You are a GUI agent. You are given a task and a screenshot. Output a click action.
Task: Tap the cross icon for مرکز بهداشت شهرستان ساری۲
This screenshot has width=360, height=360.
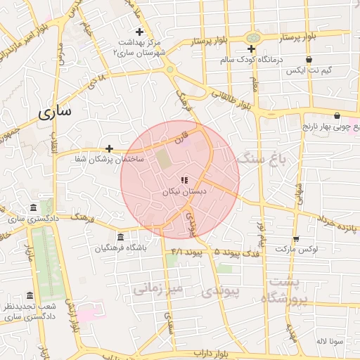tap(139, 32)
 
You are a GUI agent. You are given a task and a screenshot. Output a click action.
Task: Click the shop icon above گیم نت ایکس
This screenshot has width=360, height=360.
tap(309, 60)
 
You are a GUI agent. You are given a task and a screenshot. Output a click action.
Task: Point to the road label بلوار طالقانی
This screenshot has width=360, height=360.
tap(233, 98)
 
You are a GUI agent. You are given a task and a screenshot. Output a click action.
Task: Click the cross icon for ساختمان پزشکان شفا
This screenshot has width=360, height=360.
tap(109, 148)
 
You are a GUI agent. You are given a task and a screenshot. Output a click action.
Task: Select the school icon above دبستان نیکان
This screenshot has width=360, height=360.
tap(184, 180)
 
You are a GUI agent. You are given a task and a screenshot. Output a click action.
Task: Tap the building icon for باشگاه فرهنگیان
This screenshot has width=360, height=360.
tap(120, 237)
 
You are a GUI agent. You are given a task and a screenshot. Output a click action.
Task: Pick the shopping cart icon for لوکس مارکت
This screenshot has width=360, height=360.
tap(296, 239)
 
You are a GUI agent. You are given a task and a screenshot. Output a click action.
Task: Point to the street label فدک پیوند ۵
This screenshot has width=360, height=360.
tap(238, 251)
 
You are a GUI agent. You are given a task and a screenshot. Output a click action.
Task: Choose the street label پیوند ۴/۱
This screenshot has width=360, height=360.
tap(186, 251)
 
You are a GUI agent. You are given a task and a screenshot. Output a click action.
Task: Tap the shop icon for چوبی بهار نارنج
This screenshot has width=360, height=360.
tap(337, 116)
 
